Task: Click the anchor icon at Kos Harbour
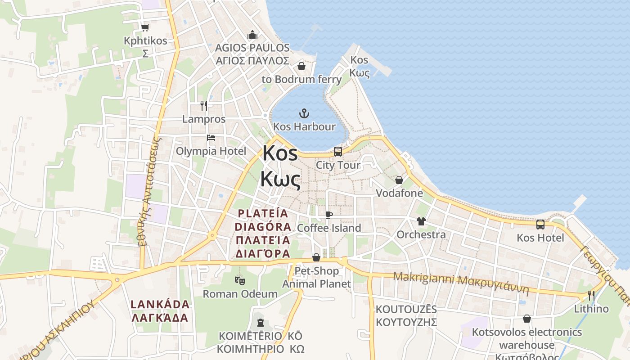tap(305, 113)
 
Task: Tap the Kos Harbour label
tap(305, 126)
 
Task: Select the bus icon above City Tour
tap(338, 152)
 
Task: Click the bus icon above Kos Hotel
tap(540, 224)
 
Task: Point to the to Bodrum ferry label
tap(301, 80)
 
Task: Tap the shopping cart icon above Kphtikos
tap(145, 28)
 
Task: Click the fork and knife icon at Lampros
tap(204, 106)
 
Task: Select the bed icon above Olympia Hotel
tap(211, 138)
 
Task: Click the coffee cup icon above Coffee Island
tap(329, 215)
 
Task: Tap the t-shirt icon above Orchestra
tap(421, 221)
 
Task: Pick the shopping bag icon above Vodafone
tap(399, 180)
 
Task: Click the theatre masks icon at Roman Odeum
tap(240, 280)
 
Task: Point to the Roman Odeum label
tap(240, 294)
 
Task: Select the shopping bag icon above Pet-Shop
tap(316, 257)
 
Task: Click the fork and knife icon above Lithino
tap(591, 296)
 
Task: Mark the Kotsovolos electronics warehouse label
tap(526, 338)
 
